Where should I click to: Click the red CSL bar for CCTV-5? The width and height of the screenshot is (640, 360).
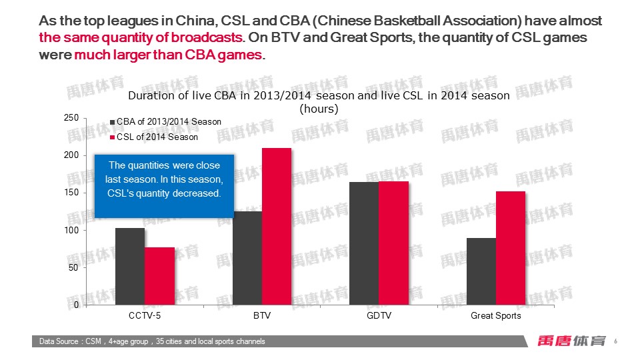[x=159, y=276]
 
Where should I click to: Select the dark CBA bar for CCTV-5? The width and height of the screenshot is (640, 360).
[x=130, y=266]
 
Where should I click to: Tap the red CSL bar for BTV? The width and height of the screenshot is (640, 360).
[x=277, y=226]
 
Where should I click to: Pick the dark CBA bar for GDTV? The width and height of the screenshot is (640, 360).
[x=364, y=243]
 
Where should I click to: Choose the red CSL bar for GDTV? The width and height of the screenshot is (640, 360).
[x=393, y=243]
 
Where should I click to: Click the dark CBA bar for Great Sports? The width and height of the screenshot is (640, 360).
[x=481, y=271]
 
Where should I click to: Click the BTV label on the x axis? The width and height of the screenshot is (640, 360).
[x=262, y=315]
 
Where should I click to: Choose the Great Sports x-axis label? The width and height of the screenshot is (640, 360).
[x=496, y=315]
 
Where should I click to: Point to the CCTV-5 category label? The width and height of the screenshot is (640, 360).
[x=145, y=315]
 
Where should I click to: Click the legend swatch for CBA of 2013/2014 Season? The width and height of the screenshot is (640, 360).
[x=113, y=122]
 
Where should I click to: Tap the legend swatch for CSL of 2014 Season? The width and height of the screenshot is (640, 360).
[x=113, y=137]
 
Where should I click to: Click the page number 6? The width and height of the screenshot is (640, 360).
[x=615, y=341]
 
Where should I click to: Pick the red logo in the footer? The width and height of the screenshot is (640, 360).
[x=572, y=341]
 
